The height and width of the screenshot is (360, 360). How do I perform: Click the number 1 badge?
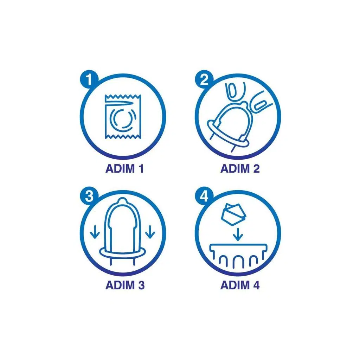[x=89, y=79]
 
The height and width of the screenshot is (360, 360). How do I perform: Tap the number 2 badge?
[x=204, y=79]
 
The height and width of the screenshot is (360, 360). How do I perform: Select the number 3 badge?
[x=89, y=196]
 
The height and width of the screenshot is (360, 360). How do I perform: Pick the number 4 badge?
[x=204, y=196]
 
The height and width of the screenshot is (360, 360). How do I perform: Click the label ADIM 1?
[x=125, y=168]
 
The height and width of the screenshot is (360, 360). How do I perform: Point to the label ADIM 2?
[x=240, y=168]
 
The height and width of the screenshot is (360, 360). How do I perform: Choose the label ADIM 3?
[x=125, y=285]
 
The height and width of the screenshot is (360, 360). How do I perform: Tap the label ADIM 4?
[x=240, y=285]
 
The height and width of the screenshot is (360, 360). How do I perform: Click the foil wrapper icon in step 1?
[x=123, y=116]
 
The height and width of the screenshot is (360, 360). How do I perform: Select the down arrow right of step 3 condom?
[x=150, y=232]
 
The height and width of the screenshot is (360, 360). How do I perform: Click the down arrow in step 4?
[x=238, y=234]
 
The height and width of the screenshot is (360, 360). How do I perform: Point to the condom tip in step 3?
[x=122, y=201]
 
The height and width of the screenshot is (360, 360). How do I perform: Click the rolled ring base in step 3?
[x=122, y=252]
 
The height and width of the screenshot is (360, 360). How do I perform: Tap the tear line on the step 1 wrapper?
[x=120, y=104]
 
